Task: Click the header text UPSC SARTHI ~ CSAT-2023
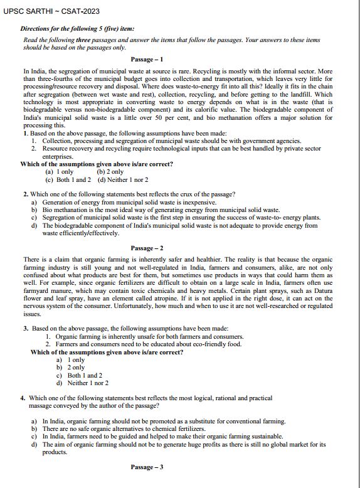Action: pyautogui.click(x=42, y=11)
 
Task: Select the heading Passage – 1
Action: pyautogui.click(x=147, y=60)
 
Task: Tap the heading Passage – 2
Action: pyautogui.click(x=147, y=248)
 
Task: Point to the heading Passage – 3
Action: pyautogui.click(x=147, y=467)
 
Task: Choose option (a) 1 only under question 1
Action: pyautogui.click(x=60, y=172)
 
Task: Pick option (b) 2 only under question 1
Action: pyautogui.click(x=110, y=172)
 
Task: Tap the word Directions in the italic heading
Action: pyautogui.click(x=36, y=29)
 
